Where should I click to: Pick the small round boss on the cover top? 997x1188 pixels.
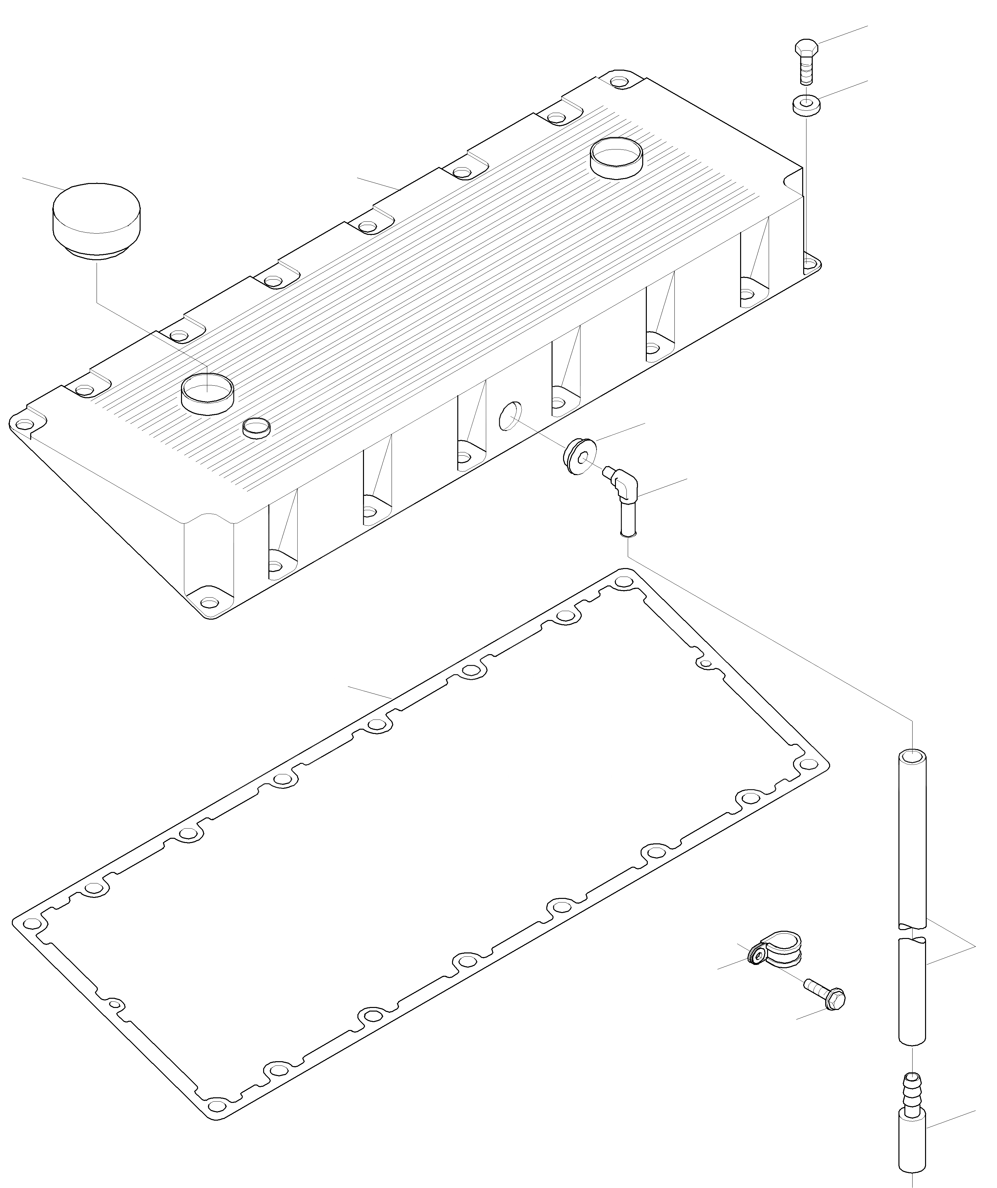coord(256,428)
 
